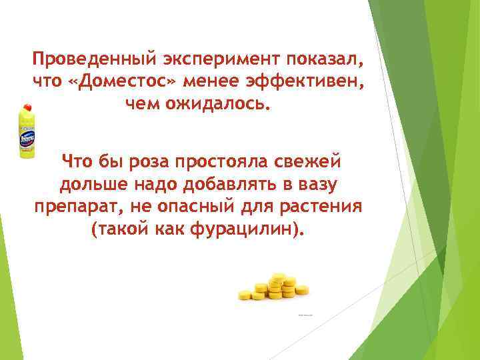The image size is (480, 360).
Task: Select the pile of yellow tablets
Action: point(273,286)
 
